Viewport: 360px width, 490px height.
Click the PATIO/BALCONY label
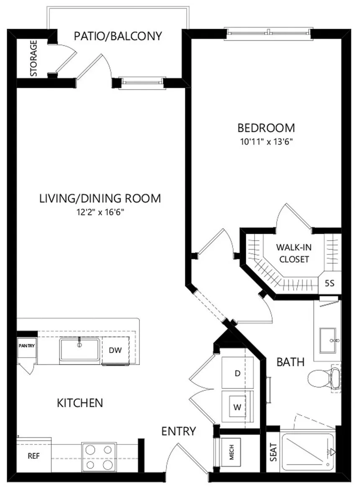tap(118, 36)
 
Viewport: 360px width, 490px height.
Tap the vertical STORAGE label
tap(33, 58)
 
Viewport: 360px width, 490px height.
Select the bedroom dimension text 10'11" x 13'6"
tap(266, 142)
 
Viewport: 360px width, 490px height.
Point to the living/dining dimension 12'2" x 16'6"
tap(100, 213)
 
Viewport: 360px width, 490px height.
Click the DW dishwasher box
tap(115, 350)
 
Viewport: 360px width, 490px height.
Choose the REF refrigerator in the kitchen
tap(34, 456)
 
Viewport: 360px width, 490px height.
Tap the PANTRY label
tap(26, 346)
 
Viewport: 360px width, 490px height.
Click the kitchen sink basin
tap(80, 349)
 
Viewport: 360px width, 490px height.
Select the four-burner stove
tap(99, 457)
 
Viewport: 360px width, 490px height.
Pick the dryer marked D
tap(237, 373)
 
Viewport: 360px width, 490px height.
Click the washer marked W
tap(237, 407)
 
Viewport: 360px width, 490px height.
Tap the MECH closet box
tap(231, 452)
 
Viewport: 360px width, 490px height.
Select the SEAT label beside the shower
tap(273, 452)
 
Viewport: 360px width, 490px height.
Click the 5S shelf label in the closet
tap(330, 283)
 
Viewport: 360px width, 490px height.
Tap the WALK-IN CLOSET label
tap(294, 253)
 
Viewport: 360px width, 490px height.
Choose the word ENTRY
tap(179, 431)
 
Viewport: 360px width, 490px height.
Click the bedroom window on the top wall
tap(269, 33)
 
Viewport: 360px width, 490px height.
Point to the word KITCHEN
tap(80, 403)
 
